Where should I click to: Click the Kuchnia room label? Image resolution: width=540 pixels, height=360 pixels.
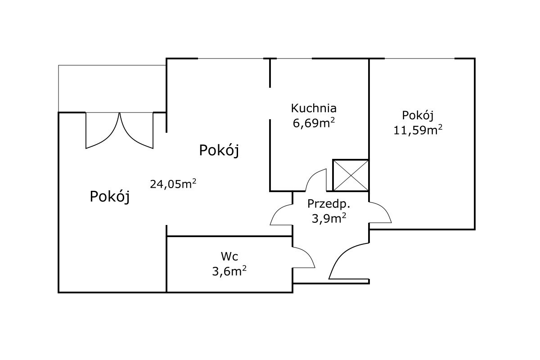coord(314,108)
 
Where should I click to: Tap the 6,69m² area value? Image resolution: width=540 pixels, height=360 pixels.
coord(314,123)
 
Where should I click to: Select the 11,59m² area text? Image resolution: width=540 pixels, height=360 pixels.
coord(418,130)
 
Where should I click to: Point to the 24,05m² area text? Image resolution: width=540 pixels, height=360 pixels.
coord(173,184)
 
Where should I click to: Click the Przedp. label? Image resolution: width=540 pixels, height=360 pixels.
coord(328,204)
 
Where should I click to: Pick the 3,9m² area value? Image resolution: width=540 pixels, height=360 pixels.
coord(329,218)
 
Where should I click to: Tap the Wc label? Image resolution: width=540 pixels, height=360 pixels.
coord(229,256)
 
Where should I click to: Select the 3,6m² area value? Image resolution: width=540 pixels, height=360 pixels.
coord(229,271)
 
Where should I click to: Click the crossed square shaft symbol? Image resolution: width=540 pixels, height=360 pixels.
coord(351,175)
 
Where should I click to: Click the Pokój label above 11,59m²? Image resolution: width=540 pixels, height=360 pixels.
coord(418,116)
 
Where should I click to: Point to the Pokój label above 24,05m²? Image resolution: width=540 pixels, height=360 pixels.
coord(219,150)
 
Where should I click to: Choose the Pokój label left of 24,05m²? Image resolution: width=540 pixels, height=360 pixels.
coord(110,196)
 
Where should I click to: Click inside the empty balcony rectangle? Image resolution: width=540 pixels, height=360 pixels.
coord(112,89)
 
